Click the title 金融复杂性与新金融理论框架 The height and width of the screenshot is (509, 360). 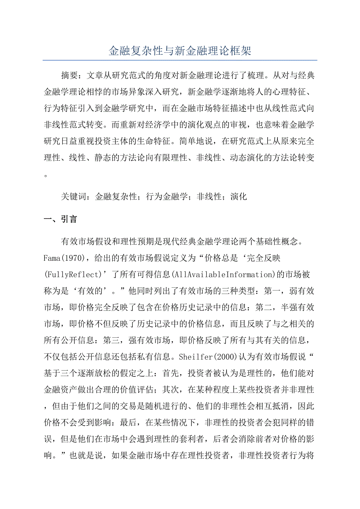tap(180, 51)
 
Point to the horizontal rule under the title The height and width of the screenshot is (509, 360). tap(180, 60)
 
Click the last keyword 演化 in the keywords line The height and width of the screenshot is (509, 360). tap(239, 197)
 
